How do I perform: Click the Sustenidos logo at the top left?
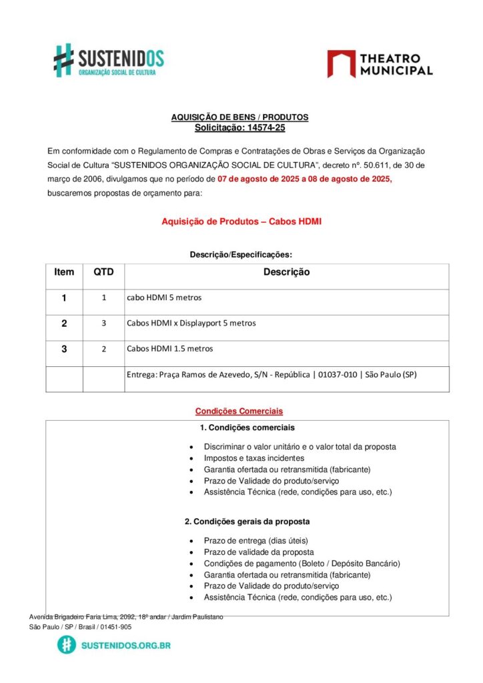109,60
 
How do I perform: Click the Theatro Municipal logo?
380,64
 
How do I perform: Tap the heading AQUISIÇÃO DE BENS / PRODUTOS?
239,117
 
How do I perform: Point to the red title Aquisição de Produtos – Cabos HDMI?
241,221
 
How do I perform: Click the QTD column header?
103,272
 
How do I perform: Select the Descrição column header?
286,272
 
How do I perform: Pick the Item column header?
64,272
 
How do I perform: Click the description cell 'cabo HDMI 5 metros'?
164,297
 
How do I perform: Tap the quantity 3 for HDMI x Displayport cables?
104,323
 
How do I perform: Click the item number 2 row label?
64,323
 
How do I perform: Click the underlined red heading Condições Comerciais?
239,411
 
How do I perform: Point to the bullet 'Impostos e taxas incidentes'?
254,458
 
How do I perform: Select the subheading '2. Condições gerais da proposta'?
247,521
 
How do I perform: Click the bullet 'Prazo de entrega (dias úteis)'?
256,541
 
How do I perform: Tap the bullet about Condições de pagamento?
302,564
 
